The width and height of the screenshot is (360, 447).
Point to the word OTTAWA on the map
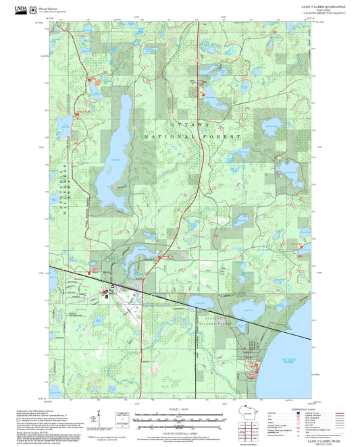click(190, 126)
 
